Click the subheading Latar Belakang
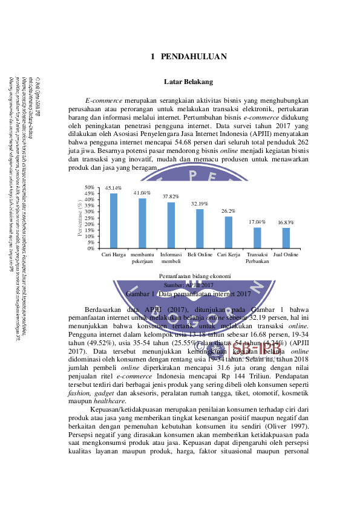tap(188, 82)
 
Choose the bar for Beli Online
tap(200, 229)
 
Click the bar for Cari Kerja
tap(228, 232)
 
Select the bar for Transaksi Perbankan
tap(257, 238)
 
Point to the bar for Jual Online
tap(286, 238)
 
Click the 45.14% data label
tap(114, 188)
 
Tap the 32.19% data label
tap(200, 204)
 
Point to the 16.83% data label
tap(286, 222)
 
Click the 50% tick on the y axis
tap(89, 187)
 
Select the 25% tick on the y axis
tap(89, 218)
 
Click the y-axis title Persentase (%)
tap(80, 218)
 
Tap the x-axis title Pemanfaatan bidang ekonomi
tap(188, 276)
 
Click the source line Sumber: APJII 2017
tap(188, 284)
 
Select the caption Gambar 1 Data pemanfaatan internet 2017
tap(188, 293)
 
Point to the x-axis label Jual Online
tap(286, 255)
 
